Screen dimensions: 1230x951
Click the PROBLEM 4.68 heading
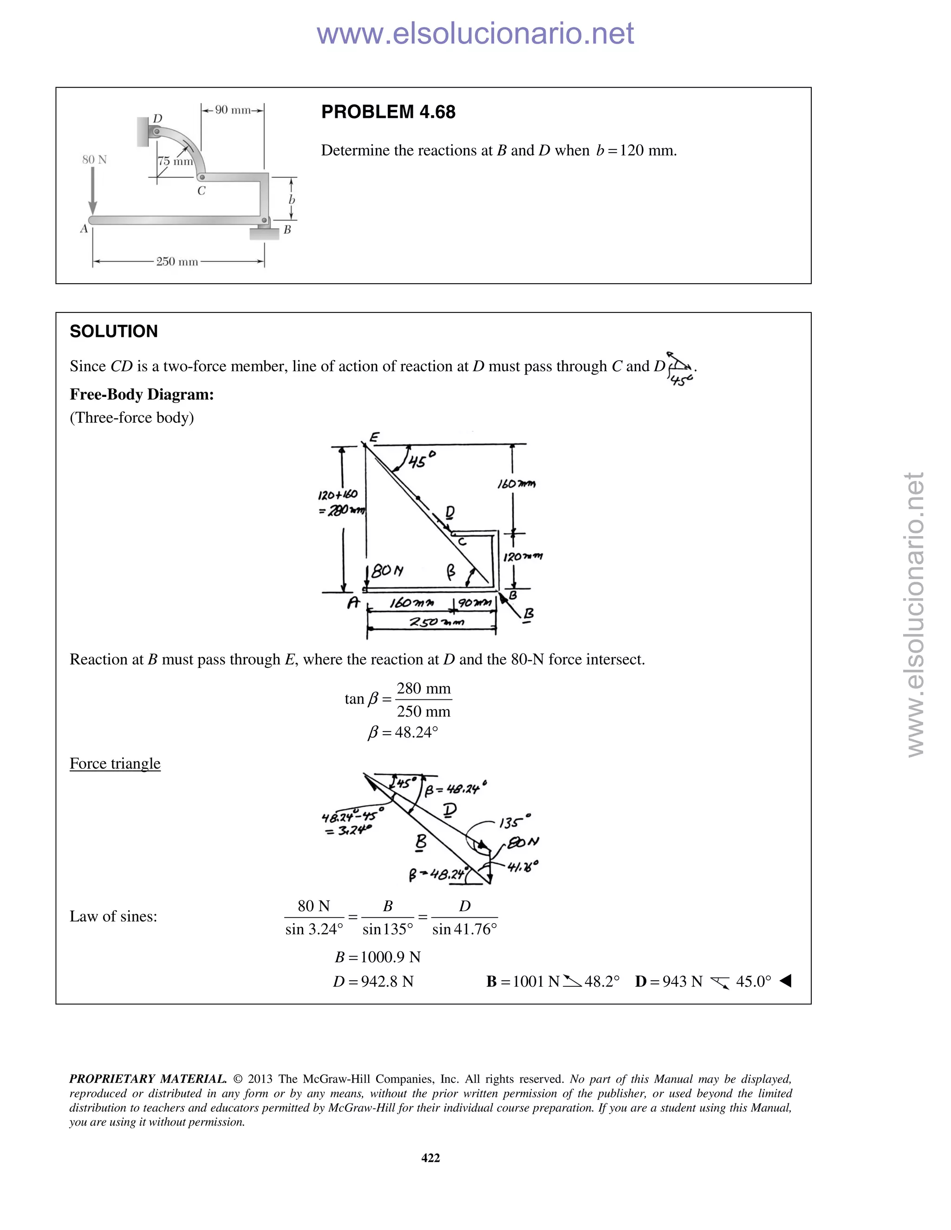tap(388, 112)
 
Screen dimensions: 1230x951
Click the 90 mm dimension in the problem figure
tap(233, 110)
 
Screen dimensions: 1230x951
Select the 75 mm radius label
tap(175, 161)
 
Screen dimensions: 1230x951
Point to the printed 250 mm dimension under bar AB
tap(177, 261)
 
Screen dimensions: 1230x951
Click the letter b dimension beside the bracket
tap(292, 200)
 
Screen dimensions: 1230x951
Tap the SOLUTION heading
tap(114, 331)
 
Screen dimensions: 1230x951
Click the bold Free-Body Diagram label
tap(142, 394)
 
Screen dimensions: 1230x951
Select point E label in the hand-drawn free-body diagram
tap(374, 437)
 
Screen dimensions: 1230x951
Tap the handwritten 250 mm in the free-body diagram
tap(436, 622)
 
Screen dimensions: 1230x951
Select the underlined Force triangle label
tap(115, 763)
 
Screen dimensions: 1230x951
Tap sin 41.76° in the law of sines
tap(464, 929)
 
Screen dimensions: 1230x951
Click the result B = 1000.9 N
tap(378, 957)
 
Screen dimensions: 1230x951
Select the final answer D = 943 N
tap(669, 982)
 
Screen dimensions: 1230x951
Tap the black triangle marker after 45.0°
tap(785, 981)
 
